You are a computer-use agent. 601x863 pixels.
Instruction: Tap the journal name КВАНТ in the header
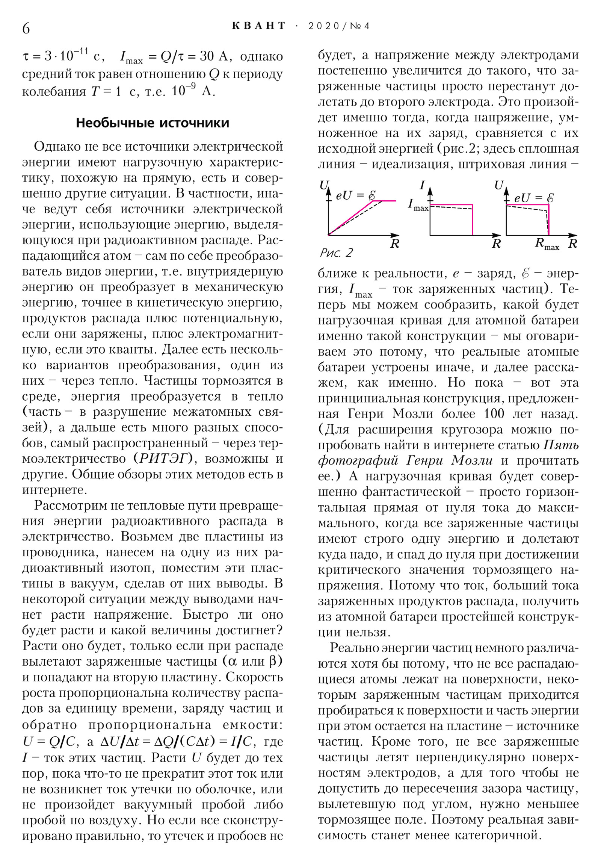(x=259, y=26)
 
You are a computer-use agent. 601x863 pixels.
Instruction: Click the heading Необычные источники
(x=152, y=123)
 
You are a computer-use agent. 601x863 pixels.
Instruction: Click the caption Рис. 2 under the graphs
(x=336, y=253)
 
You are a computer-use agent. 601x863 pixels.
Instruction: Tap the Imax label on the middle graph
(x=418, y=205)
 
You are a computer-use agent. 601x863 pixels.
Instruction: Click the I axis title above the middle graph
(x=422, y=185)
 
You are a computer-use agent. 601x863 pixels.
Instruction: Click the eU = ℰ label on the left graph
(x=355, y=195)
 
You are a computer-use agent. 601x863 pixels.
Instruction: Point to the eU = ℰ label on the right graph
(x=533, y=198)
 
